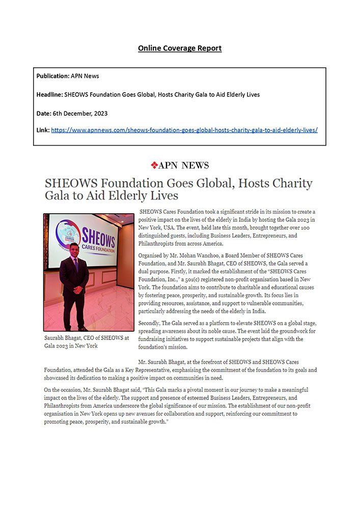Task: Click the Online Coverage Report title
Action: (x=180, y=48)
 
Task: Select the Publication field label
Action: (x=52, y=76)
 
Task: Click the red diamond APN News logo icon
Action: (x=154, y=165)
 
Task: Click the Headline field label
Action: (x=49, y=94)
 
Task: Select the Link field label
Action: (x=43, y=130)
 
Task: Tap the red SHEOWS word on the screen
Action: (x=99, y=237)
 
